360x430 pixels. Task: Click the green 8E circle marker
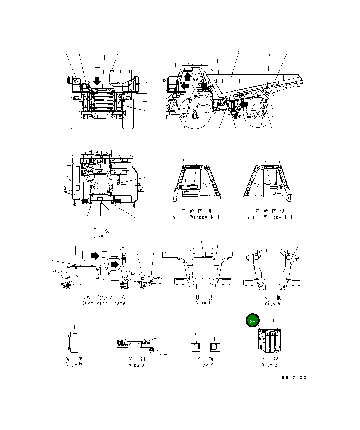252,321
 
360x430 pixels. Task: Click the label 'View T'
101,236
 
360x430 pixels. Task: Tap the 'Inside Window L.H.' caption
269,217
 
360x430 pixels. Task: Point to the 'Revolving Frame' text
103,303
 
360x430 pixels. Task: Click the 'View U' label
204,303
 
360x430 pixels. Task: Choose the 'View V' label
273,303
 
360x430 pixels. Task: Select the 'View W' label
74,365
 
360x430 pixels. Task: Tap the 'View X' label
137,365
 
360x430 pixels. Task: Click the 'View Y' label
206,365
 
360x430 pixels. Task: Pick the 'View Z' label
270,365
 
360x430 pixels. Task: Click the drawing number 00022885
296,378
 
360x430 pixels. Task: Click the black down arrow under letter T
98,81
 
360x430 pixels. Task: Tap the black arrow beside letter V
115,264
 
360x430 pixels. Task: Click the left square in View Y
197,347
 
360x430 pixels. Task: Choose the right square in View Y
214,347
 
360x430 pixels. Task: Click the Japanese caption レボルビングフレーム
103,297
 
